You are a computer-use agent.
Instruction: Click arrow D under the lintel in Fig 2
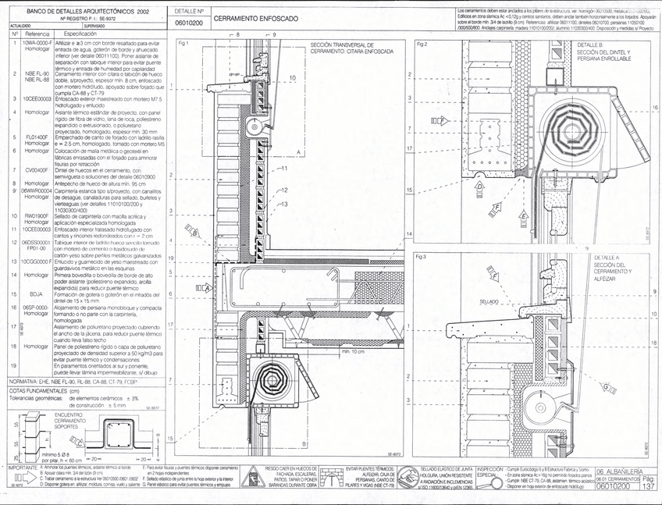[480, 187]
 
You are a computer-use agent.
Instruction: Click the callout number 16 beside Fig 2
[655, 108]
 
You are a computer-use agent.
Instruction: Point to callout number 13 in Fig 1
[286, 204]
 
